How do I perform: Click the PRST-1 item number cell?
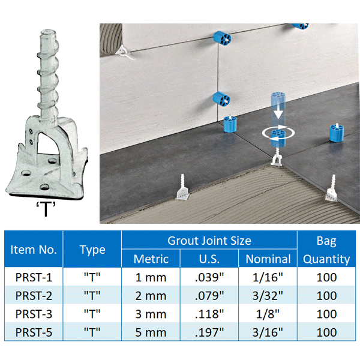pyautogui.click(x=34, y=277)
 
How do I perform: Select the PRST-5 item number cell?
pyautogui.click(x=34, y=332)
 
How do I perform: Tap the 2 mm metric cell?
pyautogui.click(x=151, y=295)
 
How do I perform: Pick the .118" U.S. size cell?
pyautogui.click(x=209, y=314)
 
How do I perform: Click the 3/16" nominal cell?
pyautogui.click(x=268, y=332)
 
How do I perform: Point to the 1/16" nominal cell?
pyautogui.click(x=268, y=277)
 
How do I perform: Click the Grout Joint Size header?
pyautogui.click(x=209, y=241)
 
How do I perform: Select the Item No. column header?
pyautogui.click(x=34, y=250)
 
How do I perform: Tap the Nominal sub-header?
pyautogui.click(x=268, y=259)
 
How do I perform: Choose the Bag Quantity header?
pyautogui.click(x=326, y=250)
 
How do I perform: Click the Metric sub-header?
pyautogui.click(x=151, y=259)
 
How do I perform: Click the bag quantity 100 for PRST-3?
pyautogui.click(x=326, y=314)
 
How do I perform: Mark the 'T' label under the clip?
pyautogui.click(x=46, y=208)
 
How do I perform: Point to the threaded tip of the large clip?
pyautogui.click(x=49, y=34)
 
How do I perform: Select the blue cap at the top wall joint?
pyautogui.click(x=222, y=38)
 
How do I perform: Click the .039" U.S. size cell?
pyautogui.click(x=209, y=277)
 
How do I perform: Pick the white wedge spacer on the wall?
pyautogui.click(x=125, y=53)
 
